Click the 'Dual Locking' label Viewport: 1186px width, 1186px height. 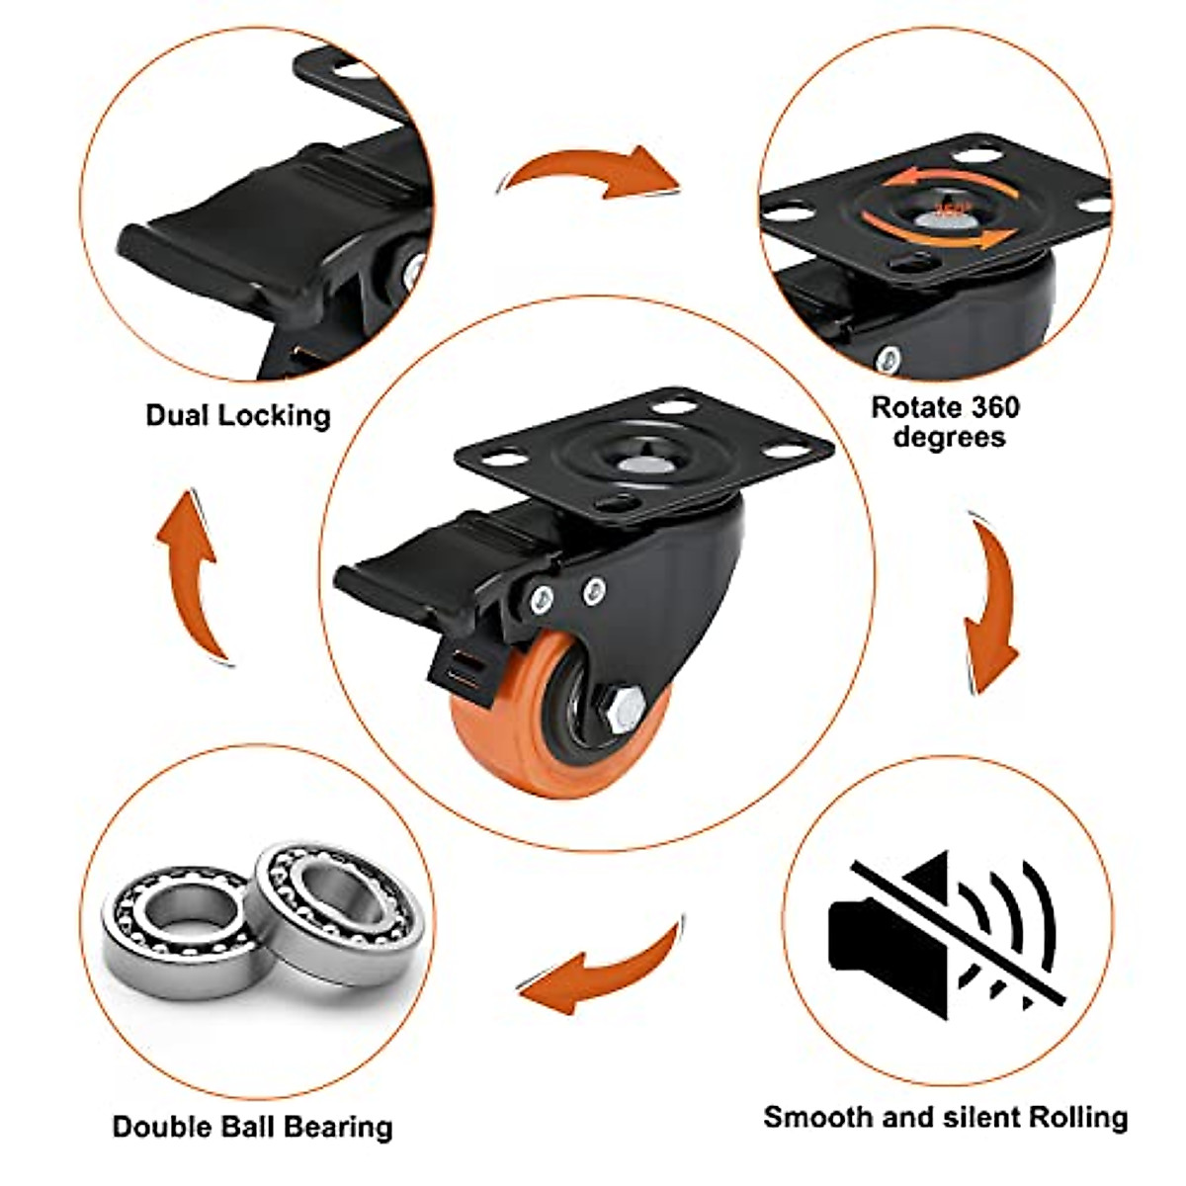coord(237,415)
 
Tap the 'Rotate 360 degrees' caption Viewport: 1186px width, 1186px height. coord(946,422)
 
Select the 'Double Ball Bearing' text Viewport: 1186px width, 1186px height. coord(252,1127)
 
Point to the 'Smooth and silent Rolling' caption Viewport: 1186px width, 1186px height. coord(945,1117)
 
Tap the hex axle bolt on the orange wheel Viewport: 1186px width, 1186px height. coord(619,708)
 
